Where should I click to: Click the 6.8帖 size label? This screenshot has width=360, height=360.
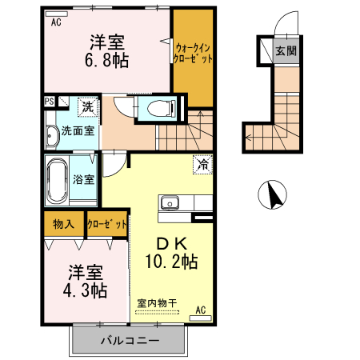click(x=106, y=60)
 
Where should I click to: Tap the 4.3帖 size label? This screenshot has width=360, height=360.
click(x=86, y=290)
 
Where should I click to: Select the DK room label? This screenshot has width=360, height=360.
click(x=171, y=243)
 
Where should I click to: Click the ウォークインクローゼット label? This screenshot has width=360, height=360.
click(x=193, y=54)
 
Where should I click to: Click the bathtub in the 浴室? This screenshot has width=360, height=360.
click(x=57, y=181)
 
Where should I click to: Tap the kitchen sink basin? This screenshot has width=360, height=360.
click(x=170, y=203)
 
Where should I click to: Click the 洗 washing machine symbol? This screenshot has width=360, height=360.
click(x=88, y=107)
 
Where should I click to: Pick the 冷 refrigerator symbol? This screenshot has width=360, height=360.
click(x=202, y=165)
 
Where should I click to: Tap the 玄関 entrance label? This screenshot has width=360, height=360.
click(x=286, y=50)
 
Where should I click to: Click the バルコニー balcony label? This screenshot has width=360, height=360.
click(x=130, y=341)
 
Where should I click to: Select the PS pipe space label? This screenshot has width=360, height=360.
click(x=50, y=102)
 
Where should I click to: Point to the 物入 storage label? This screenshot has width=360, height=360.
click(x=63, y=224)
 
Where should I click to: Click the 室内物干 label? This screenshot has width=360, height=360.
click(x=157, y=303)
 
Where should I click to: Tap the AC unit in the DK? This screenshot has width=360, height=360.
click(x=200, y=318)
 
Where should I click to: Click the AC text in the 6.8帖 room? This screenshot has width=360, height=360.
click(x=56, y=22)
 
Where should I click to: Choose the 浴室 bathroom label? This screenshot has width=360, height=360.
click(x=83, y=179)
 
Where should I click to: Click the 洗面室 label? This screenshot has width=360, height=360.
click(x=78, y=131)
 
